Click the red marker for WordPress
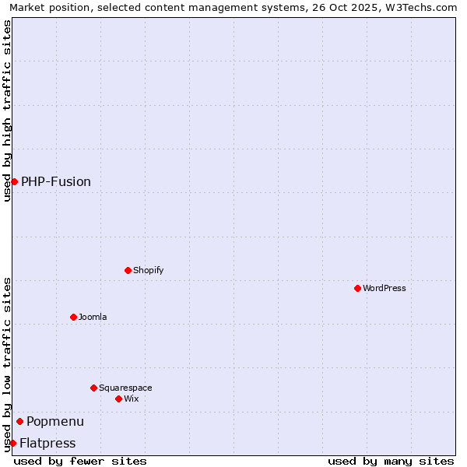pyautogui.click(x=357, y=288)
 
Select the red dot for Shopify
pyautogui.click(x=128, y=270)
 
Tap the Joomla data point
pyautogui.click(x=73, y=317)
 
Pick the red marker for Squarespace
pyautogui.click(x=93, y=388)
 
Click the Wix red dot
pyautogui.click(x=118, y=399)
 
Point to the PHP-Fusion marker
pyautogui.click(x=14, y=181)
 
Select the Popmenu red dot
pyautogui.click(x=19, y=421)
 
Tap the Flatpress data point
pyautogui.click(x=12, y=443)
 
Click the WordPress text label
pyautogui.click(x=384, y=288)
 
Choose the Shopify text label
pyautogui.click(x=148, y=270)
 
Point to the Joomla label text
pyautogui.click(x=93, y=317)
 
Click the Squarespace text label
pyautogui.click(x=125, y=388)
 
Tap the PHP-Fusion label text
pyautogui.click(x=56, y=181)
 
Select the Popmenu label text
pyautogui.click(x=55, y=421)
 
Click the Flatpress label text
pyautogui.click(x=47, y=443)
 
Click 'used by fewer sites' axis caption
pyautogui.click(x=80, y=461)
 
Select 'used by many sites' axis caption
pyautogui.click(x=391, y=461)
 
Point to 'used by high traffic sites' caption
pyautogui.click(x=7, y=111)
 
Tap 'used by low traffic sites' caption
pyautogui.click(x=7, y=364)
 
